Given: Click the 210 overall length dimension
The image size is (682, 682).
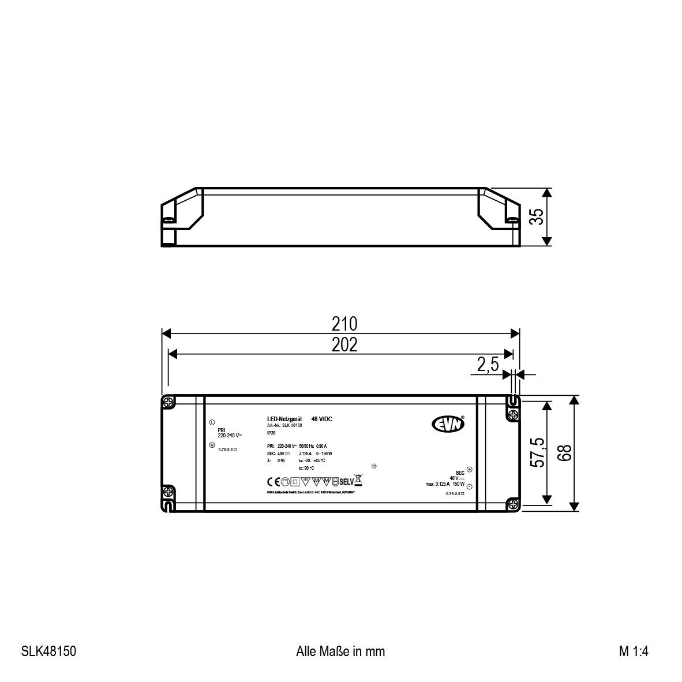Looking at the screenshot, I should click(344, 324).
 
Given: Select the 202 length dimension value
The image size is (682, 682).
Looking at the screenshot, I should click(344, 344).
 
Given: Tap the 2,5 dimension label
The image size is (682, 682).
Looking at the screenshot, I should click(488, 365).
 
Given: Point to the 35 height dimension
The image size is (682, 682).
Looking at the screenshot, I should click(537, 217).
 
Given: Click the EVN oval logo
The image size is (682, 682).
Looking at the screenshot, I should click(448, 425).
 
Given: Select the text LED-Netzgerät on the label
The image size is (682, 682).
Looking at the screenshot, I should click(281, 419).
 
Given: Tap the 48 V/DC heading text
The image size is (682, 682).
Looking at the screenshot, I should click(321, 419).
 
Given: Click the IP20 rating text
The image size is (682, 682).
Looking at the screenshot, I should click(271, 432).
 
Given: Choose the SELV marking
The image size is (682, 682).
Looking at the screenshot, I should click(345, 480).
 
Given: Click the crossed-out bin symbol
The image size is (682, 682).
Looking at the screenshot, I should click(358, 479).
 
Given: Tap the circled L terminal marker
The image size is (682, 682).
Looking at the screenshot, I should click(212, 422).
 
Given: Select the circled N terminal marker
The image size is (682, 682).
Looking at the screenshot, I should click(212, 445).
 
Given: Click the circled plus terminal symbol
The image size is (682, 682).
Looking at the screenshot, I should click(469, 470).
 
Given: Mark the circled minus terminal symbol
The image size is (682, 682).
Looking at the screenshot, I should click(469, 487).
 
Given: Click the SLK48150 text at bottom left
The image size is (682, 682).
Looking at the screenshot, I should click(48, 651).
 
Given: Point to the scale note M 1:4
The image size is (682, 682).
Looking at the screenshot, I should click(634, 651).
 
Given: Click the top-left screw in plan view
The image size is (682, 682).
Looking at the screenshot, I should click(168, 402).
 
